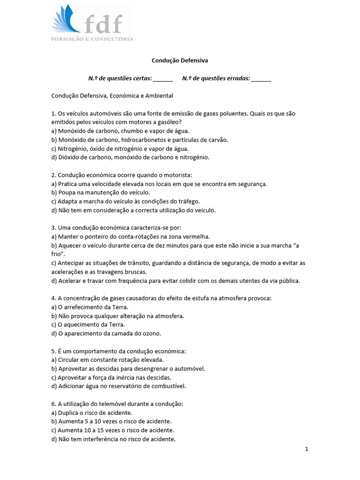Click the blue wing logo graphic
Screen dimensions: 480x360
pos(67,21)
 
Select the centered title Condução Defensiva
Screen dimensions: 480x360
pos(180,60)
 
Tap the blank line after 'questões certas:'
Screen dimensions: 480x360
pos(163,78)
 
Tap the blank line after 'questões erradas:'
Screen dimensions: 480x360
pos(261,78)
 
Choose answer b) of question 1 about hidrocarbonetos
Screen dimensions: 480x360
pos(140,140)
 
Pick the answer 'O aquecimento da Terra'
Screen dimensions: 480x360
pos(88,324)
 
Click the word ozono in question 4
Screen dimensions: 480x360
pos(150,333)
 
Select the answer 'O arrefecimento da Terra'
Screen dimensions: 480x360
pos(90,307)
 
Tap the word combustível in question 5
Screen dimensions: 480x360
pos(170,386)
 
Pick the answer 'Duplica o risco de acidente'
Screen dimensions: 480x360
pos(92,412)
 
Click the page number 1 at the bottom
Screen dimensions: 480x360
pos(307,449)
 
